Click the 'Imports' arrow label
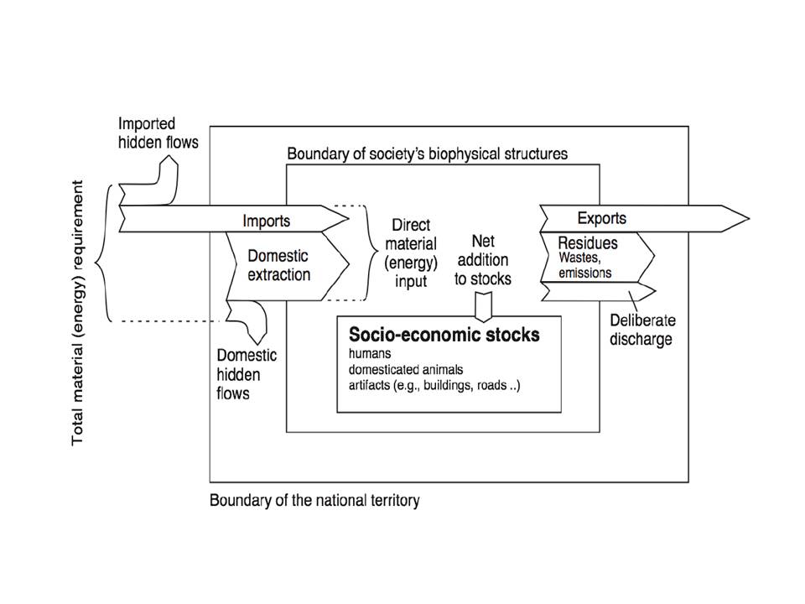click(x=267, y=221)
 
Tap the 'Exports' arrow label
click(x=602, y=218)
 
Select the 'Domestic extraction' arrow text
click(x=278, y=264)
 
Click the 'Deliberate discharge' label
click(x=642, y=331)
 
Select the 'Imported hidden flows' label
click(x=158, y=133)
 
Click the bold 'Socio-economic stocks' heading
click(x=444, y=335)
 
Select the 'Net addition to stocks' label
click(x=482, y=260)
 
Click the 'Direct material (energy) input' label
click(x=410, y=253)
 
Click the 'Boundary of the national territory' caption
click(x=314, y=501)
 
